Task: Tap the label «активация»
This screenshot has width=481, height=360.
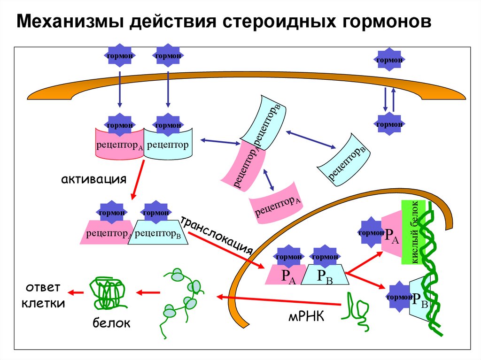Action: [93, 179]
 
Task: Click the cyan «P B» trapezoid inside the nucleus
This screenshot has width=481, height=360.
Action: [324, 275]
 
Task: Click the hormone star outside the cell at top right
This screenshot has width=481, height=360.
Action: [389, 60]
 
